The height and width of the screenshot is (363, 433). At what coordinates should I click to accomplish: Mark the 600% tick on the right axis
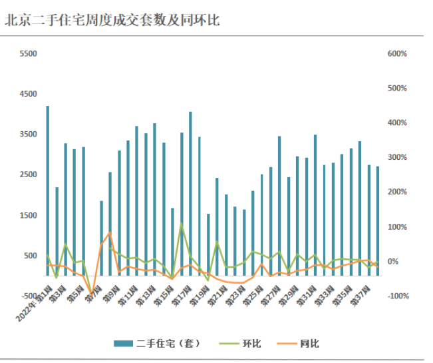tap(397, 54)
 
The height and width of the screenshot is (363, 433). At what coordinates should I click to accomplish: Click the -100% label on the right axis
tap(398, 296)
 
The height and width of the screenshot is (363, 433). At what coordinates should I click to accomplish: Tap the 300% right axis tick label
tap(397, 158)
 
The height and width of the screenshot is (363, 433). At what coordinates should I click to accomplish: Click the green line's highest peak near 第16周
tap(182, 223)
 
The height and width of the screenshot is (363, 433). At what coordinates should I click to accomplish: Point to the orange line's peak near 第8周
tap(110, 232)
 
